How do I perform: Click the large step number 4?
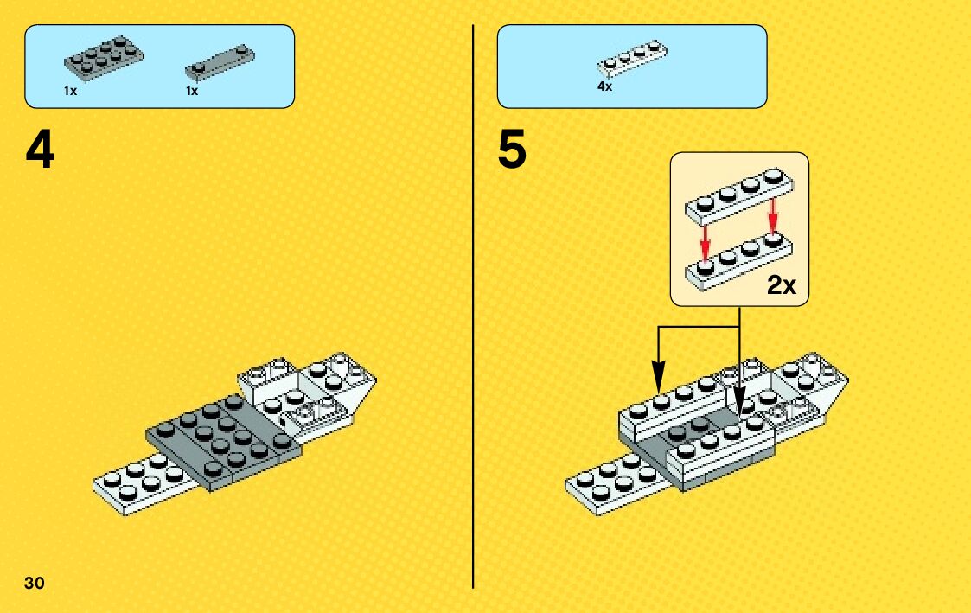pyautogui.click(x=40, y=152)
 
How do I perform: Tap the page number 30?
pyautogui.click(x=35, y=581)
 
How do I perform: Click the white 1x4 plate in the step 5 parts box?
pyautogui.click(x=632, y=58)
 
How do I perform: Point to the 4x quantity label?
pyautogui.click(x=604, y=86)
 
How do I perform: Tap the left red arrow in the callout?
pyautogui.click(x=706, y=240)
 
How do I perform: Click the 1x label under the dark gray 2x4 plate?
pyautogui.click(x=71, y=90)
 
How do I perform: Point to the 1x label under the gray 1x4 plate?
pyautogui.click(x=192, y=90)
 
